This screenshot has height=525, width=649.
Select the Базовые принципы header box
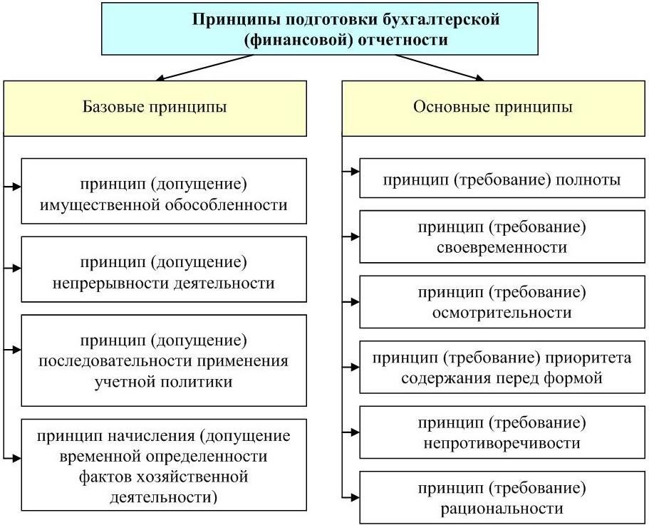point(155,108)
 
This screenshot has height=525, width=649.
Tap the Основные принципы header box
point(493,108)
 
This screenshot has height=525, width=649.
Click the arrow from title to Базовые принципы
point(207,67)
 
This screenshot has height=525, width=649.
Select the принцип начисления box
point(164,465)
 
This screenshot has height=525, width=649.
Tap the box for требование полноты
point(502,180)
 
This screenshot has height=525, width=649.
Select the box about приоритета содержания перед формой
point(502,368)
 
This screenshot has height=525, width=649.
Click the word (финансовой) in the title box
point(292,40)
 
